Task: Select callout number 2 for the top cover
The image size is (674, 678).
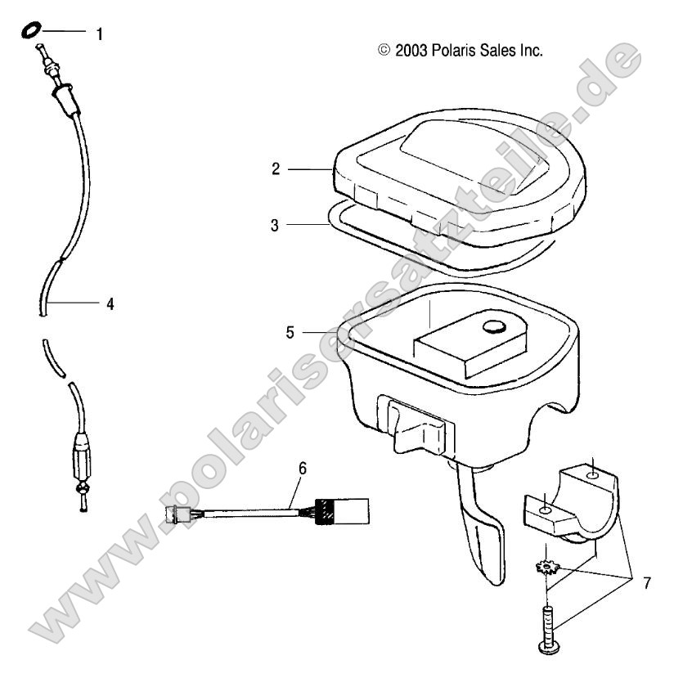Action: click(276, 169)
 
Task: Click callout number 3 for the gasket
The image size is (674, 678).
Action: click(276, 224)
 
